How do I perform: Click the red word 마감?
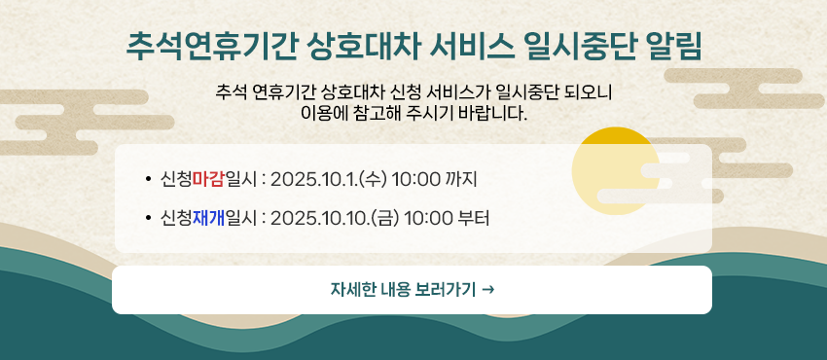coord(208,180)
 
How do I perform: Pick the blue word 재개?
coord(208,217)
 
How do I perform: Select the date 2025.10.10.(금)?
coord(335,217)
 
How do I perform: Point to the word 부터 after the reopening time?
coord(474,217)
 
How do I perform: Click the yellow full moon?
coord(616,170)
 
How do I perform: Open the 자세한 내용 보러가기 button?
coord(412,290)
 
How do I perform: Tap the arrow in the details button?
coord(488,289)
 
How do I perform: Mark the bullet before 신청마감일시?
coord(148,180)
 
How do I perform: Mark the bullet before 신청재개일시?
coord(148,218)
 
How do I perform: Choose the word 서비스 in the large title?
coord(470,47)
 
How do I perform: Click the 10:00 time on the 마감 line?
coord(416,180)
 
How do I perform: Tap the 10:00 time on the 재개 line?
coord(428,217)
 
